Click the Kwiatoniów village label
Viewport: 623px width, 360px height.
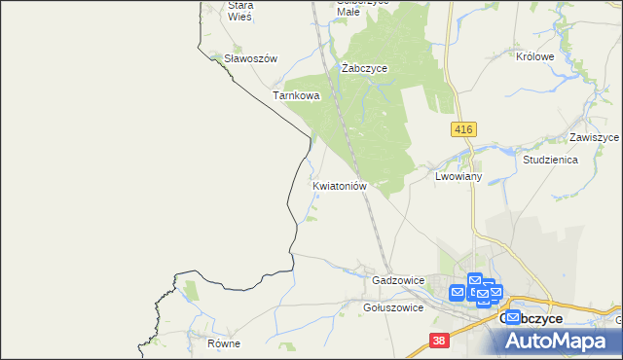point(339,185)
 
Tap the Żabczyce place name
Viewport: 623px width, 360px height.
point(365,68)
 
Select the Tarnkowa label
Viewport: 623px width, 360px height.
point(296,96)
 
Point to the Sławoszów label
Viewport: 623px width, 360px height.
point(251,58)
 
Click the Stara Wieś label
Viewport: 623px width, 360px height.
point(239,10)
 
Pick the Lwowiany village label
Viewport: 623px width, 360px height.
point(459,177)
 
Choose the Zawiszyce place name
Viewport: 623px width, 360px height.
point(595,138)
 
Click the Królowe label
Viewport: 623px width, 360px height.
point(535,56)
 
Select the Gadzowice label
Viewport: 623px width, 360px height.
point(398,280)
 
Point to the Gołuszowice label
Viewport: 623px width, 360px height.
point(392,307)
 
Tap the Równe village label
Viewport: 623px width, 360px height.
point(223,344)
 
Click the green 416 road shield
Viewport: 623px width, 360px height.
point(462,128)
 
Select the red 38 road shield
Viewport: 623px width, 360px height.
point(440,341)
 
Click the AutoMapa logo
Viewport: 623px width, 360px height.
point(560,341)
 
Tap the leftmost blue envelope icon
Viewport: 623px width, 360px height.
point(458,291)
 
